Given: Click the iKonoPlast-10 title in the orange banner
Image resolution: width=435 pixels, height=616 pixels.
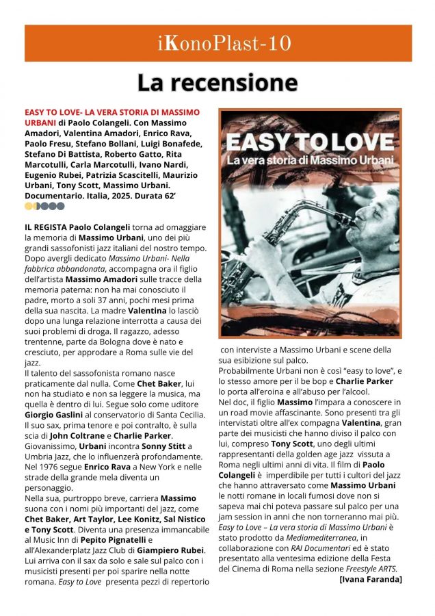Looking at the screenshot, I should coord(217,43).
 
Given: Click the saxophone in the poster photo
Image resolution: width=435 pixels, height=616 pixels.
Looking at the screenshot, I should coord(301,226).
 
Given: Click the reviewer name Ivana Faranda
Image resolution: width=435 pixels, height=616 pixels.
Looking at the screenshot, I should coord(371,579).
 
